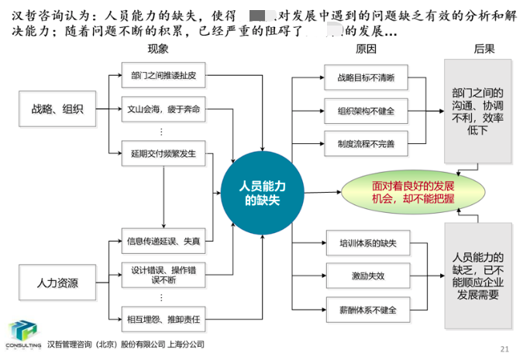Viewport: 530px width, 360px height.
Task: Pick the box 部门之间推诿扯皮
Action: click(x=163, y=76)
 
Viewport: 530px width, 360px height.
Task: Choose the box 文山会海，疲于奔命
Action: click(x=163, y=110)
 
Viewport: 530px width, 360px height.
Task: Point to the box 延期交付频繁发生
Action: click(x=163, y=153)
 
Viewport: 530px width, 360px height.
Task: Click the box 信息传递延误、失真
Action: click(x=163, y=242)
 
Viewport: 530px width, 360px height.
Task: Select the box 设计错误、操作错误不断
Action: click(x=163, y=275)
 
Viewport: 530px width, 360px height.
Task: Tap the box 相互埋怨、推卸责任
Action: click(x=163, y=318)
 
